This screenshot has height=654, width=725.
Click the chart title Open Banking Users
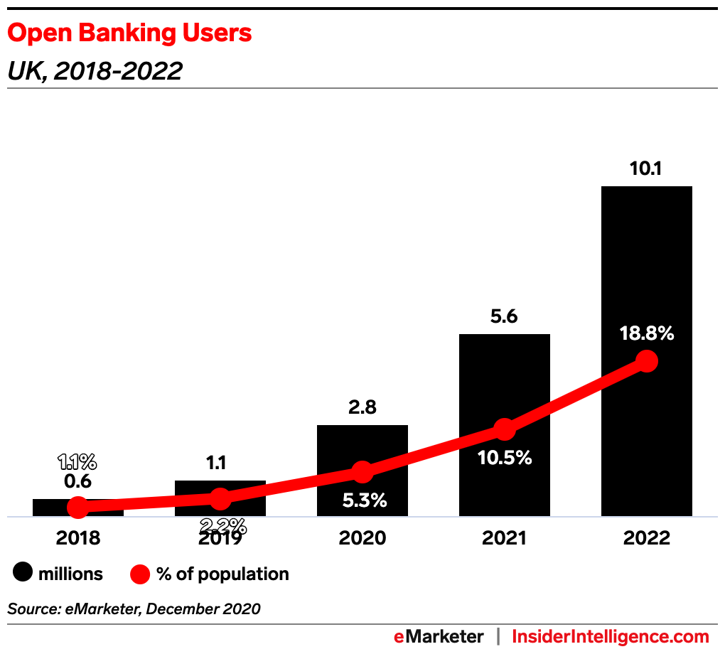pyautogui.click(x=129, y=33)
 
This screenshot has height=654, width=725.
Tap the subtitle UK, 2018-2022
pyautogui.click(x=95, y=71)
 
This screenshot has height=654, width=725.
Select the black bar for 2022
pyautogui.click(x=646, y=270)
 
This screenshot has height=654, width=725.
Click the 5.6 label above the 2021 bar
pyautogui.click(x=504, y=318)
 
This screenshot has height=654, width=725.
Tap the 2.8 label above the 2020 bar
pyautogui.click(x=362, y=408)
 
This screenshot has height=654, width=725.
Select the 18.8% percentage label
pyautogui.click(x=646, y=333)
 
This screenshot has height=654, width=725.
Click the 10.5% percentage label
pyautogui.click(x=504, y=458)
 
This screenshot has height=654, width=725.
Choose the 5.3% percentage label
pyautogui.click(x=364, y=500)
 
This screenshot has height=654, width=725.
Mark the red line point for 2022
pyautogui.click(x=646, y=360)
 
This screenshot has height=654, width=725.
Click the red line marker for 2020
pyautogui.click(x=362, y=471)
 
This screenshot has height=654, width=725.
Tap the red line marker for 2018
pyautogui.click(x=78, y=507)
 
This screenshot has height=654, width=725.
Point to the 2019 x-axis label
pyautogui.click(x=220, y=538)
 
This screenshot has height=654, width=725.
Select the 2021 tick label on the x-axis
pyautogui.click(x=504, y=538)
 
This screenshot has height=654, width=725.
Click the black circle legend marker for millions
pyautogui.click(x=24, y=574)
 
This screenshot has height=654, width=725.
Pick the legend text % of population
pyautogui.click(x=222, y=574)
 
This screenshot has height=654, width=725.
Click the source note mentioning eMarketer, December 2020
pyautogui.click(x=134, y=609)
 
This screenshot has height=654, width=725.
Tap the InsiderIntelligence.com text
pyautogui.click(x=611, y=636)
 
